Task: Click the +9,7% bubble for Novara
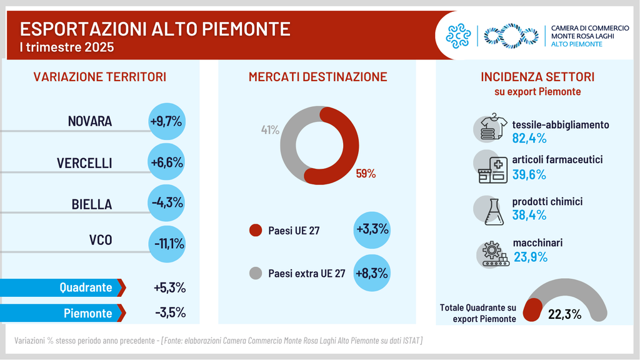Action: click(x=166, y=121)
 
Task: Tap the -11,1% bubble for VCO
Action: click(x=166, y=244)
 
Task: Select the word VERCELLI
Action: click(x=84, y=163)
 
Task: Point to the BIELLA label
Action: click(x=92, y=204)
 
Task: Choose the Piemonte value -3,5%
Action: click(x=169, y=313)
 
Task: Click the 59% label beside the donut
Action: click(x=366, y=174)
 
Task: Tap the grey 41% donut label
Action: click(x=270, y=130)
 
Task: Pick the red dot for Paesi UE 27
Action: click(x=256, y=231)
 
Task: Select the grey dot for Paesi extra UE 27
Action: click(x=256, y=273)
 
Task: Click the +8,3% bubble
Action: click(x=372, y=273)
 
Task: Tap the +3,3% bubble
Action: click(x=372, y=229)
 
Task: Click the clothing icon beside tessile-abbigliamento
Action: click(x=492, y=128)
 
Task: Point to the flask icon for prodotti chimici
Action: click(x=492, y=210)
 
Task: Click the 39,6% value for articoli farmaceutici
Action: click(x=529, y=174)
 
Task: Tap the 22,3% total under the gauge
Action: click(x=565, y=314)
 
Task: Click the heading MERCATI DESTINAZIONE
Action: click(x=318, y=77)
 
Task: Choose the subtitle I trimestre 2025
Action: click(x=67, y=47)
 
